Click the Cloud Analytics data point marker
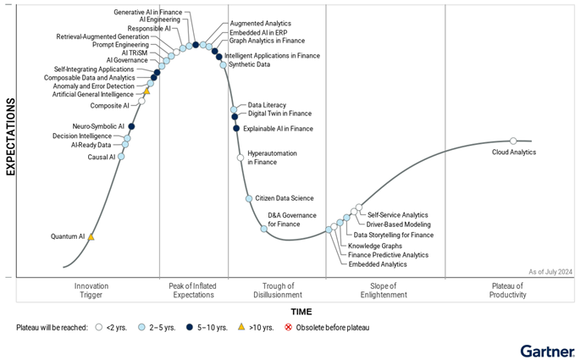513,141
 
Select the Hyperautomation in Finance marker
240,158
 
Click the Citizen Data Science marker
249,198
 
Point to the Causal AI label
101,157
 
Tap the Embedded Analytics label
378,264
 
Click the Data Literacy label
267,103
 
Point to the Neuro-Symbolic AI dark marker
131,126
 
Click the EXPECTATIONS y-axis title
11,136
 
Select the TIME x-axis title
301,312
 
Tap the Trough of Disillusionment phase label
278,291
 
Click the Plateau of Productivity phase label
508,291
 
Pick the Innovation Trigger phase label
91,291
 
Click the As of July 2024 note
551,271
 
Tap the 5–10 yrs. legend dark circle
192,327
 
